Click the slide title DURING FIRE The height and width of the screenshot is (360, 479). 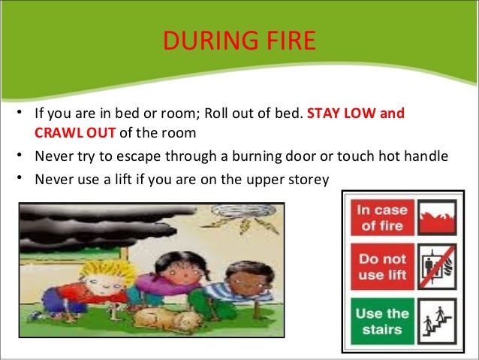(239, 41)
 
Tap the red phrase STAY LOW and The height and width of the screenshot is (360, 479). (356, 115)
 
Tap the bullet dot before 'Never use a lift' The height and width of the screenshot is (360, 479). (15, 178)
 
